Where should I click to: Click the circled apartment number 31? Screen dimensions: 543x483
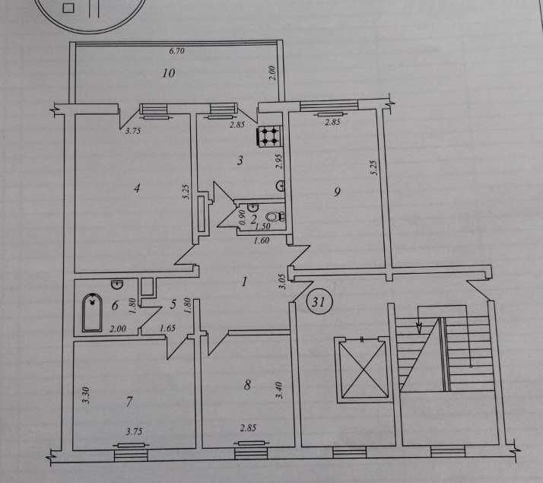point(319,302)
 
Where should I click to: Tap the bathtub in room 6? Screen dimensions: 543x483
point(92,313)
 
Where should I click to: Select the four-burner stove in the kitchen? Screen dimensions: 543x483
point(269,135)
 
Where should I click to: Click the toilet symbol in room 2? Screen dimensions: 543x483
point(276,216)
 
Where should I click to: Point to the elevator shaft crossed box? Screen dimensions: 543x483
point(363,369)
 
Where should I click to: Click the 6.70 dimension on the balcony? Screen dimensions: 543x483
point(176,51)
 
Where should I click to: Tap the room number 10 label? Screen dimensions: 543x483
point(169,73)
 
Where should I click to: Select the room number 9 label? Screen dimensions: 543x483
point(337,192)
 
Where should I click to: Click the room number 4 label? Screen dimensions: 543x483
point(137,189)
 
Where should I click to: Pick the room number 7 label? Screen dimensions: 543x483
point(129,402)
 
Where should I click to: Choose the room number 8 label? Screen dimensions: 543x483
point(247,385)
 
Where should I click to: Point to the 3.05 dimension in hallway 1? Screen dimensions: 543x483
point(282,282)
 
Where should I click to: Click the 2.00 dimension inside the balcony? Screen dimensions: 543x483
point(272,73)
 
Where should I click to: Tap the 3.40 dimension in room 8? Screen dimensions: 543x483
point(279,390)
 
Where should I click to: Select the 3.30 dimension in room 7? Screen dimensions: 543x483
point(86,395)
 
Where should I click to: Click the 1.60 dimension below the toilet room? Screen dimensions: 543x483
point(262,240)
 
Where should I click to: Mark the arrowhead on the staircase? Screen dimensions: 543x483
point(419,328)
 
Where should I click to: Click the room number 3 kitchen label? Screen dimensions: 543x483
point(240,160)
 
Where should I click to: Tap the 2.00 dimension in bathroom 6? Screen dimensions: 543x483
point(118,328)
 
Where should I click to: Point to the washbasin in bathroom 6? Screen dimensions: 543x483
point(117,284)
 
